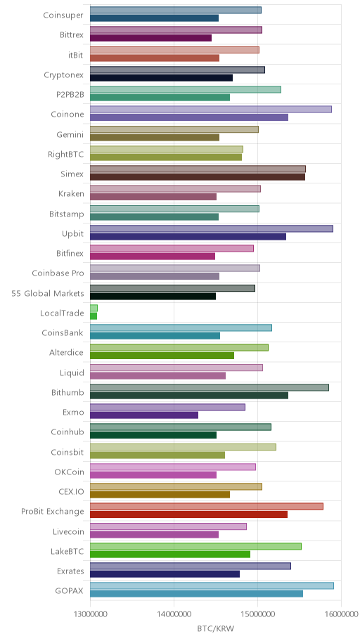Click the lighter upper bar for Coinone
(x=211, y=110)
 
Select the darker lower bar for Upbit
(x=188, y=236)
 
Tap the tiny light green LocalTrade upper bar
(x=94, y=309)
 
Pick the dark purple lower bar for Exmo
(x=144, y=415)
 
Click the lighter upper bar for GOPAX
(x=212, y=585)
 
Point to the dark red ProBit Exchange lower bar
(x=188, y=514)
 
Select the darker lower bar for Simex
(x=198, y=177)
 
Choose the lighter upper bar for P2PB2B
(x=186, y=89)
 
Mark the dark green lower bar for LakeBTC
(x=170, y=554)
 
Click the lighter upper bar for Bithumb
(x=210, y=387)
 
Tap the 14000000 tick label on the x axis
(x=174, y=614)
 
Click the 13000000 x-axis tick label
(x=90, y=614)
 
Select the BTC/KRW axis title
(x=216, y=628)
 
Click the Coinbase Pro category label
(x=58, y=273)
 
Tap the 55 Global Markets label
(x=47, y=293)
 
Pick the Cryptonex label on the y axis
(x=63, y=75)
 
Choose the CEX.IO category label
(x=71, y=491)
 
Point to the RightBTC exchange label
(x=66, y=154)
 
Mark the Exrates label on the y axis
(x=70, y=571)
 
